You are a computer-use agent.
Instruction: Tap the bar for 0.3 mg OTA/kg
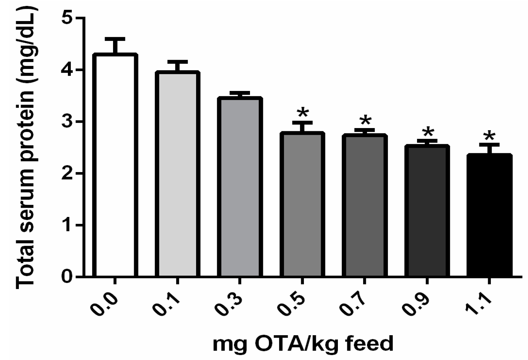(240, 187)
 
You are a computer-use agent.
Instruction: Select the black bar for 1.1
(489, 215)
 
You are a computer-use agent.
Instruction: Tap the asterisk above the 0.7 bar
(365, 121)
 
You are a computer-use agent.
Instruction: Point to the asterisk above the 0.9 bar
(428, 133)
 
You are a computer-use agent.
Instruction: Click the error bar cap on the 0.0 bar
(115, 38)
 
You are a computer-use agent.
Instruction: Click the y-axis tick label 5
(67, 18)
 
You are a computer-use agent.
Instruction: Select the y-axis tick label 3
(67, 121)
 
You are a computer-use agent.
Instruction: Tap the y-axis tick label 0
(67, 277)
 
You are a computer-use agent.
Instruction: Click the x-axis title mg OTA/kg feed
(303, 343)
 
